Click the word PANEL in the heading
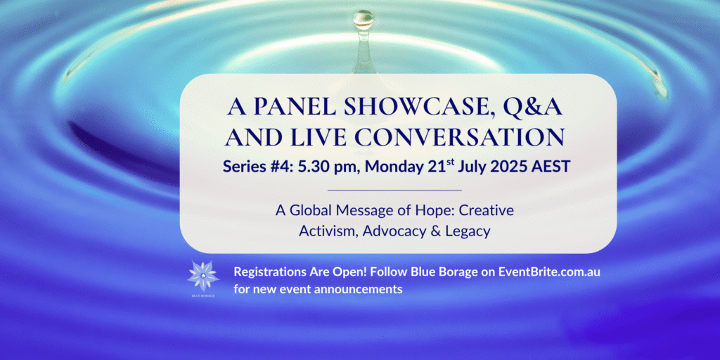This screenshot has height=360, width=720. (288, 108)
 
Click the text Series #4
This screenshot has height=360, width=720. (257, 166)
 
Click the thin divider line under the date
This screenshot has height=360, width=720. (395, 190)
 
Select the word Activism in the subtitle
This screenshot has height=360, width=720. (328, 231)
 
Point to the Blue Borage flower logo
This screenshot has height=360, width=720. (203, 276)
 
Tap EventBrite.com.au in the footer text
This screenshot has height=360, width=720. (550, 272)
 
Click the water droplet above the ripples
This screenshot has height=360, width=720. (364, 20)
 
